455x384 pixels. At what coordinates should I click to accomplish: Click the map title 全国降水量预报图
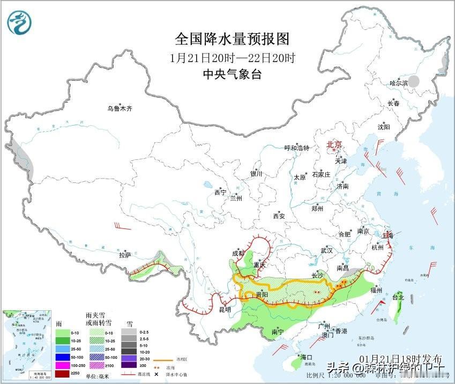(232, 39)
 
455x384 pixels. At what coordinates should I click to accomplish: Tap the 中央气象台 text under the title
(232, 74)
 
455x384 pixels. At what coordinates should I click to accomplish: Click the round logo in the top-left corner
(19, 22)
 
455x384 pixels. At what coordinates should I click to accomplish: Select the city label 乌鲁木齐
(119, 109)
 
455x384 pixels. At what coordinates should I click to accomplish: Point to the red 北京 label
(335, 145)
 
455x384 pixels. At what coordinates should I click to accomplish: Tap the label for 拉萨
(125, 255)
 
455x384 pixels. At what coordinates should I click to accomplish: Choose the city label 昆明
(225, 309)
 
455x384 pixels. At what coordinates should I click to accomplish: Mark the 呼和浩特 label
(296, 148)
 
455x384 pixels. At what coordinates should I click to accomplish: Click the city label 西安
(279, 216)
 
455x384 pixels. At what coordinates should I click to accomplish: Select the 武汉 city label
(326, 250)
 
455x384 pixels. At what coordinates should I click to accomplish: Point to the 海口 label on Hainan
(306, 357)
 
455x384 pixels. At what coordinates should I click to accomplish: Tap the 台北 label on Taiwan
(398, 297)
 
